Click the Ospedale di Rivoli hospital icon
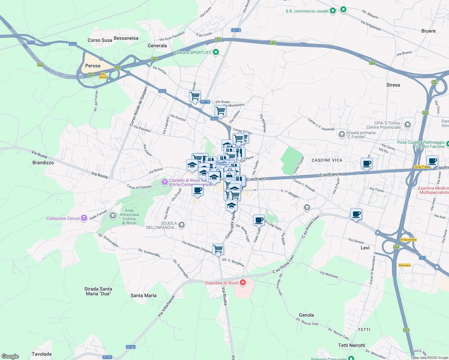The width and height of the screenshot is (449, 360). coord(243,283)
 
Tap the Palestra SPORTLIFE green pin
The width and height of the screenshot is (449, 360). coord(215,52)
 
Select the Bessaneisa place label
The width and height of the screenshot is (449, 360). coord(126,38)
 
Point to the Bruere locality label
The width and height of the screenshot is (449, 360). coord(428,31)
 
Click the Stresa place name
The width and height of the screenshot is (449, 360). coord(393,85)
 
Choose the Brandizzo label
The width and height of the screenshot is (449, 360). coord(43,163)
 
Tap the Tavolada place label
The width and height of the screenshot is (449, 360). coord(42,354)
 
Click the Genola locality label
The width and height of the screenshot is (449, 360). coord(306,315)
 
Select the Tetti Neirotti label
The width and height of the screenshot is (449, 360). coord(352,345)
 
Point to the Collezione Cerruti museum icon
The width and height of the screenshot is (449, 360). coord(84,218)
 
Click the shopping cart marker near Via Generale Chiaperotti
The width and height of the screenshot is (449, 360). coord(218,249)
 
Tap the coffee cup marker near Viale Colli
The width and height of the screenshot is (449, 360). coord(259,220)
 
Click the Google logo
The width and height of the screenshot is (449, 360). coord(10,356)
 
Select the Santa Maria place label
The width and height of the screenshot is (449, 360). coord(143,295)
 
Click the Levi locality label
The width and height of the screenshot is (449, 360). coord(365,248)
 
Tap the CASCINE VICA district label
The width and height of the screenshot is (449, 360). coord(327,160)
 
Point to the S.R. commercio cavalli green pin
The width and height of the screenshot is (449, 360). coord(333,11)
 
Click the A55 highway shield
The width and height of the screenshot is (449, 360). coord(434,82)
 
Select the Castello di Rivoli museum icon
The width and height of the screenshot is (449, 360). coord(164,182)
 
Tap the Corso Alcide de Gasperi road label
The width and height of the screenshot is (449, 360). coord(138,106)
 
